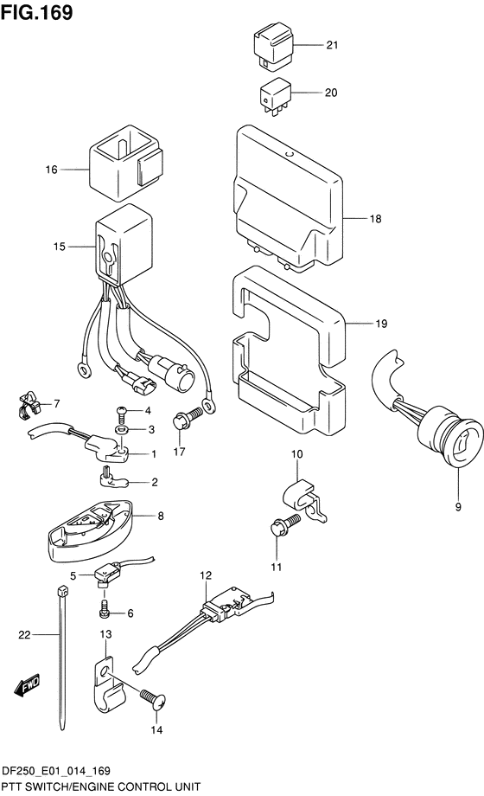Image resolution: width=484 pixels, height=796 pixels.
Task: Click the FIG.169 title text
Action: [37, 12]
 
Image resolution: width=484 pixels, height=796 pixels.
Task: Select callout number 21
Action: [332, 45]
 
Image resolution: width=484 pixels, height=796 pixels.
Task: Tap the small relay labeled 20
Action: [275, 98]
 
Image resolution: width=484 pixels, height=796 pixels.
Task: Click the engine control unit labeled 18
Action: [288, 198]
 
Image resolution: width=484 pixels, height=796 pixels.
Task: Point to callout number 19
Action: [381, 324]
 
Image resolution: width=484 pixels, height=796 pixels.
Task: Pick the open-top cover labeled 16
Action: [126, 162]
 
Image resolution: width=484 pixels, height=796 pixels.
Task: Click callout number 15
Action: [60, 247]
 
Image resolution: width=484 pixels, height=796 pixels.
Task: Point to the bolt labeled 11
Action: [285, 526]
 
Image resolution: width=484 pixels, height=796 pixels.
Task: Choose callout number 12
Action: [206, 575]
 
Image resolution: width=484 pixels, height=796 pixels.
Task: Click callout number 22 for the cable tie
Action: [24, 634]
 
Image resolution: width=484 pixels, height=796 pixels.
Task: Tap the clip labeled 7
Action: [28, 404]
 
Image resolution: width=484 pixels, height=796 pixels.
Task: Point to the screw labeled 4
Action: [122, 414]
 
